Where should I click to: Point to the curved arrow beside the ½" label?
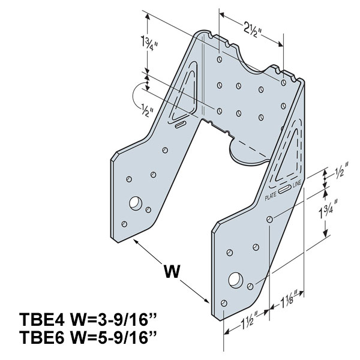[136, 95]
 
